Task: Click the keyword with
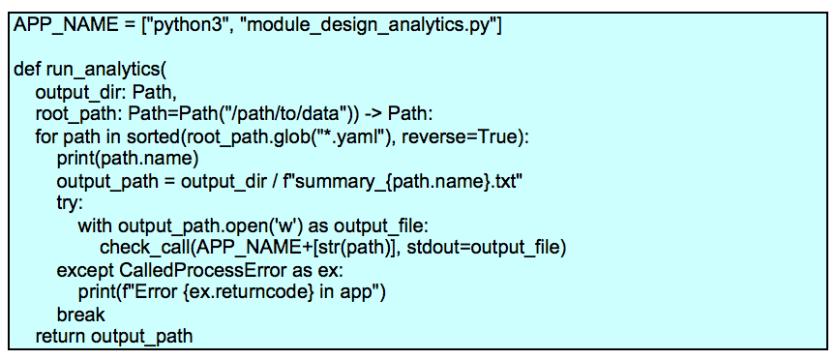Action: point(95,225)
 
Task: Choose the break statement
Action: point(80,315)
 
